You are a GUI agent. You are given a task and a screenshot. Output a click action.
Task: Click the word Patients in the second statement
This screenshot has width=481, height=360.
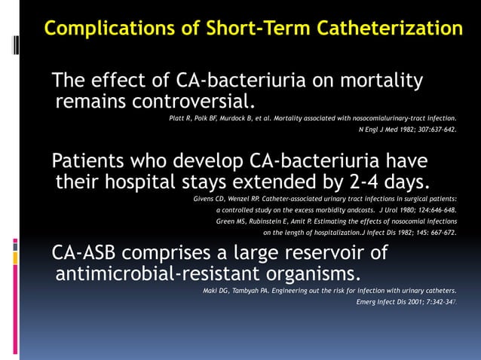click(x=95, y=161)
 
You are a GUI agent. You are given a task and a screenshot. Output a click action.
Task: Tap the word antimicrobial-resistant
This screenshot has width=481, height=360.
click(x=154, y=272)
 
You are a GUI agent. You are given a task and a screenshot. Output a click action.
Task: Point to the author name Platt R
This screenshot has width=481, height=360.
click(x=179, y=118)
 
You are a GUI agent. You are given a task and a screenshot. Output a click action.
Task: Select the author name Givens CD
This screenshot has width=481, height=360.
click(x=213, y=200)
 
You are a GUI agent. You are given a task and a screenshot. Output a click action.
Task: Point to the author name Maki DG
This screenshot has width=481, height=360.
click(x=218, y=291)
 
